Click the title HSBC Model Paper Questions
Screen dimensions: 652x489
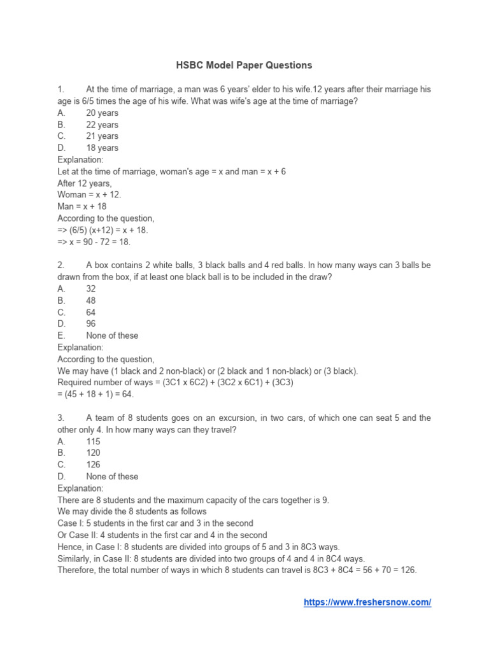(x=244, y=65)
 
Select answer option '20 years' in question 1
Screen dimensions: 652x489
(x=102, y=113)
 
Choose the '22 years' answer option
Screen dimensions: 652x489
(x=102, y=125)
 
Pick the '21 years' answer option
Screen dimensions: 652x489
(x=102, y=136)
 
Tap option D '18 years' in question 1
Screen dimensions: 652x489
(x=102, y=148)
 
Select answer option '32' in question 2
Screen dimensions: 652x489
(x=91, y=288)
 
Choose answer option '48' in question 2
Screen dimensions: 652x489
(x=91, y=300)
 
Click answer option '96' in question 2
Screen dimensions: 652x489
(x=91, y=323)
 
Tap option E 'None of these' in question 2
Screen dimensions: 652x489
(x=111, y=336)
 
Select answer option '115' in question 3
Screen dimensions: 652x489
(x=93, y=441)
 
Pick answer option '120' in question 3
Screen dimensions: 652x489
(x=93, y=453)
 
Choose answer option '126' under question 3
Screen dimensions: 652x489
(x=93, y=464)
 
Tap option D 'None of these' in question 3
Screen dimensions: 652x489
(x=111, y=476)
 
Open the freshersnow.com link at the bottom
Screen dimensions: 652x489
(x=367, y=602)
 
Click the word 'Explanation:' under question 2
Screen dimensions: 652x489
(x=80, y=347)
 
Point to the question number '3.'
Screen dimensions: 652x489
(x=61, y=418)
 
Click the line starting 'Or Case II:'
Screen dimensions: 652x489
(x=162, y=535)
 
